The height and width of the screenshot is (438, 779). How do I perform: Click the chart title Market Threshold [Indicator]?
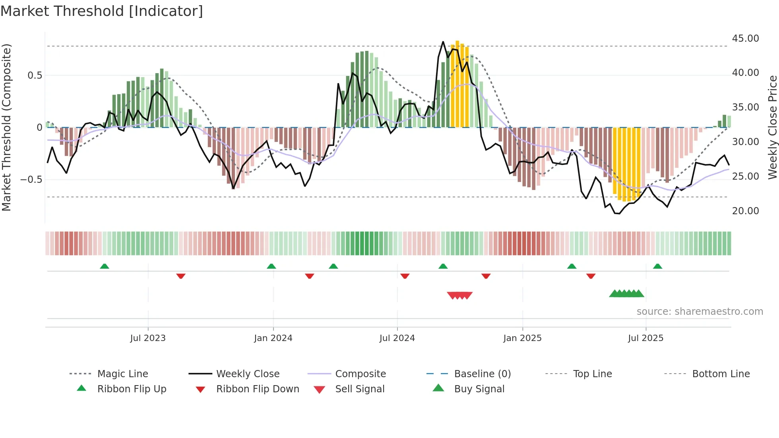[102, 11]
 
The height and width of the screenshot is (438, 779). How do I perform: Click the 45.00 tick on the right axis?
[745, 39]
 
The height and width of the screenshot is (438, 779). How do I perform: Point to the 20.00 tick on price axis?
[745, 211]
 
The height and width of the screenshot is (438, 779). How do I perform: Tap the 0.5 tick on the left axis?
[35, 76]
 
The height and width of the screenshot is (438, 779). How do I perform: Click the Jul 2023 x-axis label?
[148, 338]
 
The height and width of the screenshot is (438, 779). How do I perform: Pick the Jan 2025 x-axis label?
[522, 338]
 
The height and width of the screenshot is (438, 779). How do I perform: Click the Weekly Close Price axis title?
[772, 127]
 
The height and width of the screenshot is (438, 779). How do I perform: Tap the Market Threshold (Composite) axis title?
[6, 127]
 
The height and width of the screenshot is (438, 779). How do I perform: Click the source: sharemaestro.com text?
[700, 312]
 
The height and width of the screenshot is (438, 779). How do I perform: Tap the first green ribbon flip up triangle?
[105, 266]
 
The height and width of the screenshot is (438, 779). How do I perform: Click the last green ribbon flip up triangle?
[657, 266]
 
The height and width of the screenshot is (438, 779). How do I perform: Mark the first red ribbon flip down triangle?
[181, 276]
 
